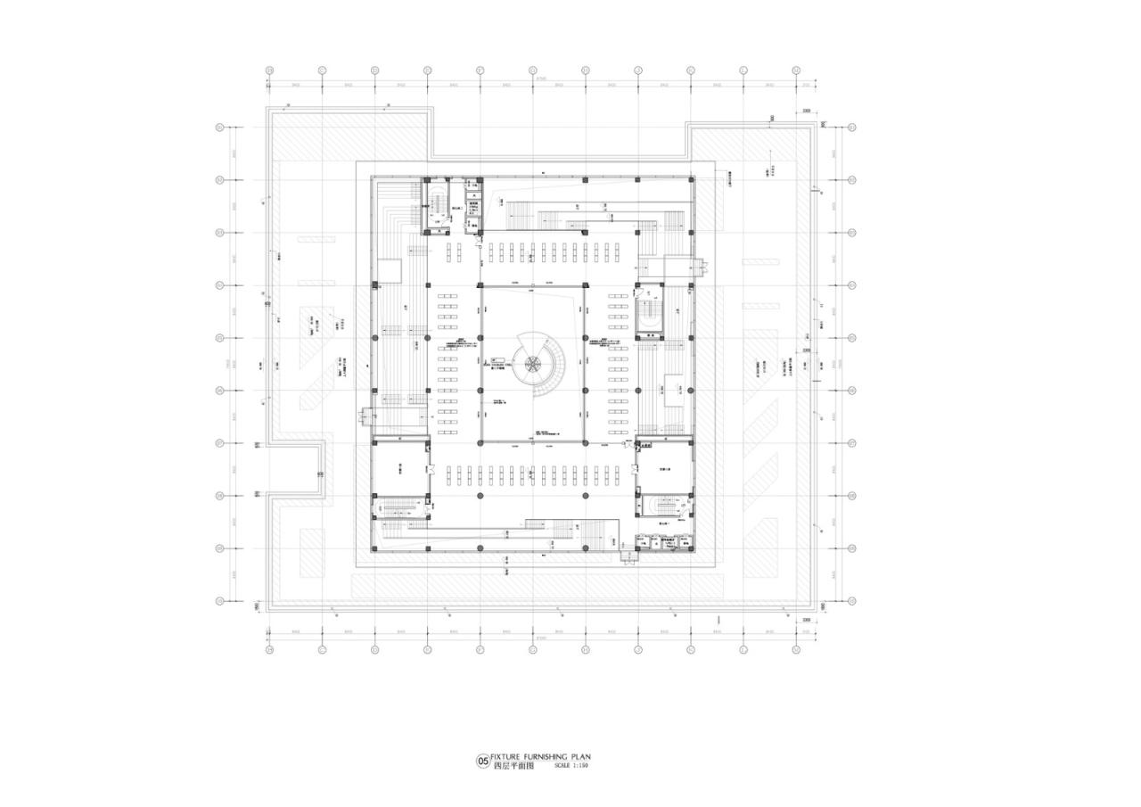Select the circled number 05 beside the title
[483, 762]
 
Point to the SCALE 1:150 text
[570, 766]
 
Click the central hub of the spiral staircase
[532, 363]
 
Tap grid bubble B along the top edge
[322, 70]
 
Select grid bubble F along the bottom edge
[533, 649]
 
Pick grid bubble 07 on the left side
[219, 443]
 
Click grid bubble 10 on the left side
[219, 601]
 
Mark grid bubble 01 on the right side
[851, 128]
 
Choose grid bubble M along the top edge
[795, 70]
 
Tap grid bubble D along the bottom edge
[427, 649]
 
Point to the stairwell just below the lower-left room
[398, 508]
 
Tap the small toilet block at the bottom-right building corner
[664, 541]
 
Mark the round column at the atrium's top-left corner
[480, 285]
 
